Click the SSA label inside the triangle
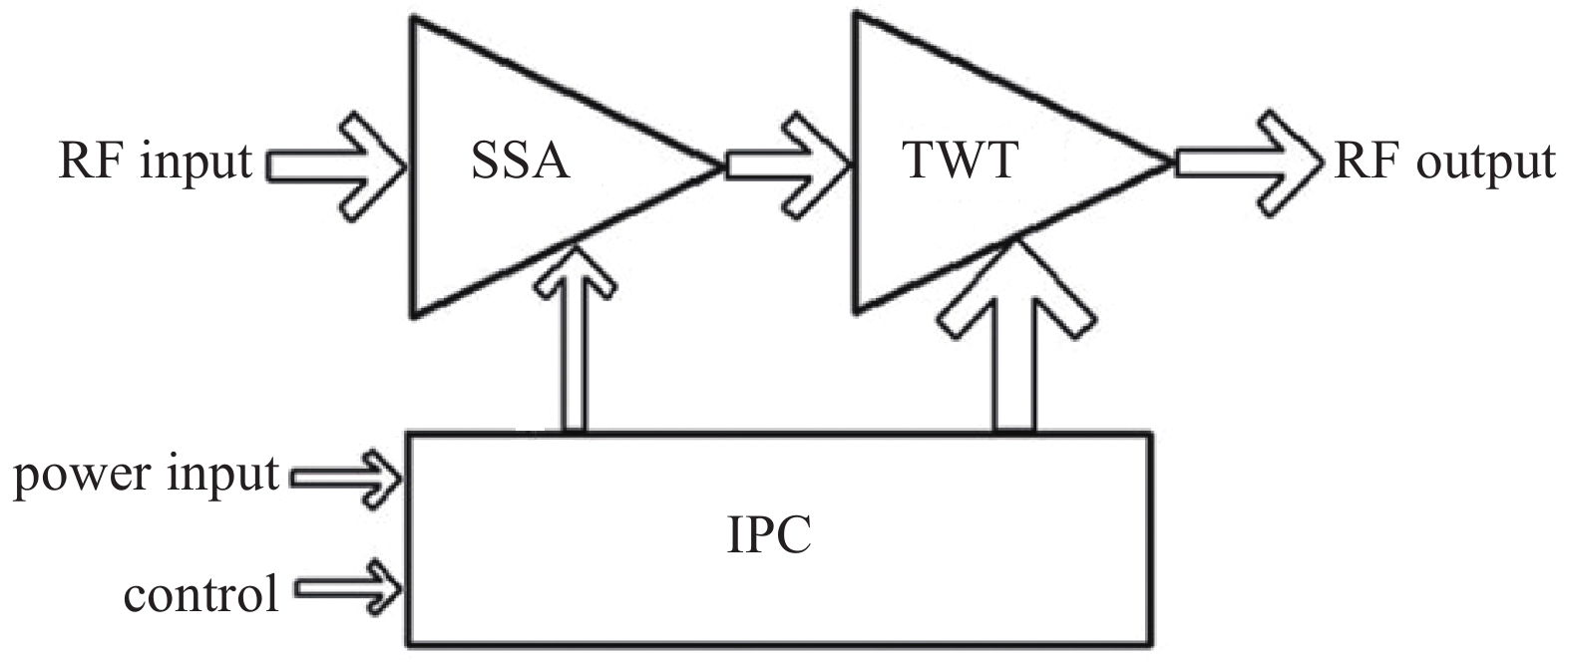point(520,163)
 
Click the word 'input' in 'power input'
point(223,476)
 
